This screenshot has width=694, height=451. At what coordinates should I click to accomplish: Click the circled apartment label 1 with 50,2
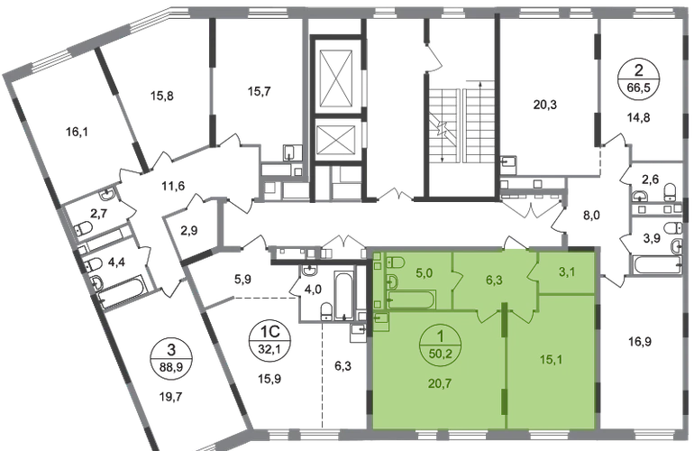coord(441,343)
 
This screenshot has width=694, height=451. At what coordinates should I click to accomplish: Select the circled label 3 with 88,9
coord(172,358)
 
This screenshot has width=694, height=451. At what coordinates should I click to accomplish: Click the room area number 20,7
coord(440,382)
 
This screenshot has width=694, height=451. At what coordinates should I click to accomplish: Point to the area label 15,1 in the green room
coord(551,359)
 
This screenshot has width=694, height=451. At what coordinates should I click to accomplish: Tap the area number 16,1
coord(77,132)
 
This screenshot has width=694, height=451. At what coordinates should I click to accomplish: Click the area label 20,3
coord(545,105)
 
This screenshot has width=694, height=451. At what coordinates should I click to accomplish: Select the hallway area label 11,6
coord(173,186)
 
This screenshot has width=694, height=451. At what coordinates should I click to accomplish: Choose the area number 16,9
coord(640,342)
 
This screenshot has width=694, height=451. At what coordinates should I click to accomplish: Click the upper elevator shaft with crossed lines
coord(338,78)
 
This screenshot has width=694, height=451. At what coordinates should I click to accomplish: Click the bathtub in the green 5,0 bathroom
coord(411,300)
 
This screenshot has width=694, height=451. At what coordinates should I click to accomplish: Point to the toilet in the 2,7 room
coord(83,228)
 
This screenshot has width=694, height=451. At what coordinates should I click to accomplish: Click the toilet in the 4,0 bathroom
coord(326,310)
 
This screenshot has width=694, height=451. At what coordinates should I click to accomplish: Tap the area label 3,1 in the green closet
coord(567,272)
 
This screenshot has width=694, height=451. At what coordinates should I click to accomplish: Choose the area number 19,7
coord(170,396)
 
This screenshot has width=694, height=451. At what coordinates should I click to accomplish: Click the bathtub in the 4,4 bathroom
coord(122,291)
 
